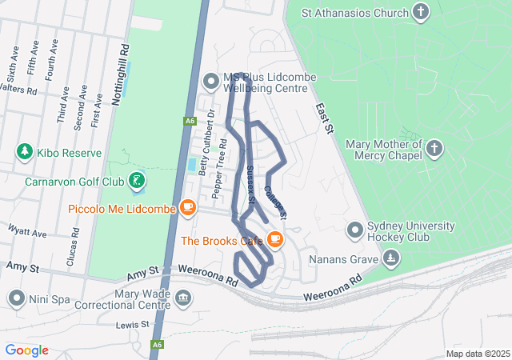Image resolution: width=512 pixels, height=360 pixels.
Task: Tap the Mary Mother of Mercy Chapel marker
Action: click(434, 148)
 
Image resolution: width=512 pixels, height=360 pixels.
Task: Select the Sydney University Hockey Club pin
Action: click(355, 231)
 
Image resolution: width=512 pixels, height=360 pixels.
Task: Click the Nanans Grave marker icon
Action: click(390, 258)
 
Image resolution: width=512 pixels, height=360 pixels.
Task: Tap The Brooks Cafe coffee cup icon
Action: click(274, 239)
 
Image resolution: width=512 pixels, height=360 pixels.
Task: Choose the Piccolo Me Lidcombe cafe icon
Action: click(188, 209)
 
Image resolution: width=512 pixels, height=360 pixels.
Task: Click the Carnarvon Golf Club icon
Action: click(138, 181)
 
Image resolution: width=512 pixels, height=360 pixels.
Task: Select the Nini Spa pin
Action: click(17, 298)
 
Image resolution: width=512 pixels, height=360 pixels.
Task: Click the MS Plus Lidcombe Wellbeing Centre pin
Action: click(210, 81)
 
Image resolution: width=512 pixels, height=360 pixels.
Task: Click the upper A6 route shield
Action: click(189, 121)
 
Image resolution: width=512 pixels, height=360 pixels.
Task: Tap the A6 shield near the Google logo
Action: click(158, 346)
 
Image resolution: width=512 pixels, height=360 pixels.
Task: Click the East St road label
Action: click(322, 118)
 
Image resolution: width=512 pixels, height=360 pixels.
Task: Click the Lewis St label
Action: click(132, 325)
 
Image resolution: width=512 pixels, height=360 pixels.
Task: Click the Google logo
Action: click(26, 350)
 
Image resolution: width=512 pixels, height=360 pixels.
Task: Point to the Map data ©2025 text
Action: click(477, 354)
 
